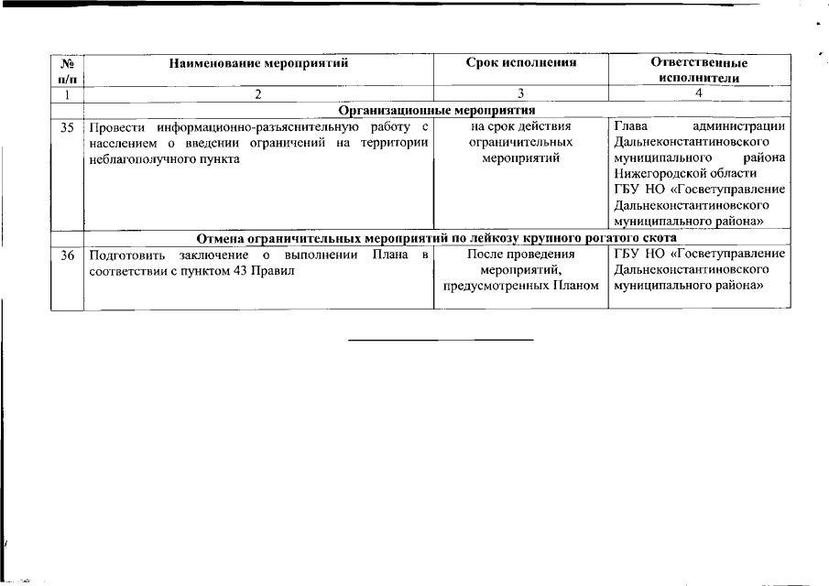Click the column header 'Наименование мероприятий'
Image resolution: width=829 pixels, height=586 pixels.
259,63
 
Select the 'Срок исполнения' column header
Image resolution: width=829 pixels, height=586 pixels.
520,63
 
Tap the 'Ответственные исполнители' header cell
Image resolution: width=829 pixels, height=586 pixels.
699,71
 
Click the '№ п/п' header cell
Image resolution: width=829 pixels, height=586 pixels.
67,71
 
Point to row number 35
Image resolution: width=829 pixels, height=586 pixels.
67,127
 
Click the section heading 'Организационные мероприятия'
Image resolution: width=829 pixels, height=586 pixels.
435,110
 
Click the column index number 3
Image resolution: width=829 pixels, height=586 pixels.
520,93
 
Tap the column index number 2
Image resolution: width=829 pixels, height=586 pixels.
259,93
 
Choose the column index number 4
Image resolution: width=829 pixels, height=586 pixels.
699,93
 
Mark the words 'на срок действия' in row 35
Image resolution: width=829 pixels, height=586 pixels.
520,127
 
